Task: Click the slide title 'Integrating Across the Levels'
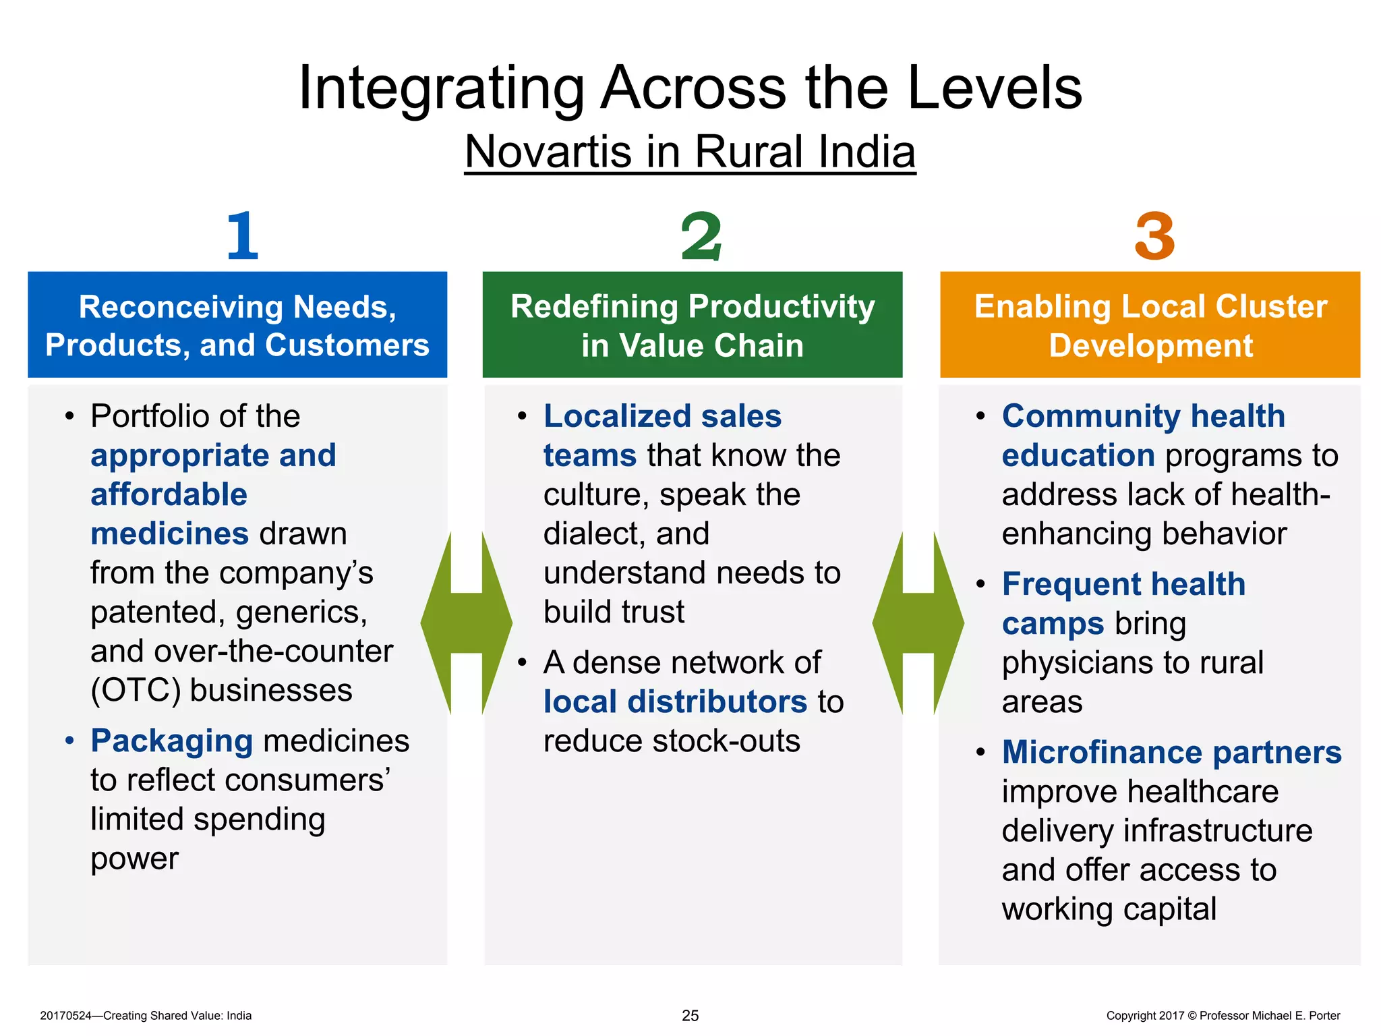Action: pos(690,88)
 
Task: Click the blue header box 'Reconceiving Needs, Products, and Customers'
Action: pos(237,325)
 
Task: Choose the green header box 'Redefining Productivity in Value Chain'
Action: pos(693,325)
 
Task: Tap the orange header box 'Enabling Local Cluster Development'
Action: pos(1150,325)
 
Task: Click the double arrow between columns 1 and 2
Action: pos(467,623)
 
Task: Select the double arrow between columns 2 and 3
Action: pos(918,623)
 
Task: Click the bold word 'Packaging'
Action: pos(172,741)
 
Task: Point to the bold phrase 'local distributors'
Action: pos(675,701)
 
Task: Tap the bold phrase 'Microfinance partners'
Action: pos(1172,752)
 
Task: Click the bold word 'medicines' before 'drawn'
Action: pos(170,534)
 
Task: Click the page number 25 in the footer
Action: pos(690,1015)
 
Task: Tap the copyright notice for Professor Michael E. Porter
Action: pos(1223,1016)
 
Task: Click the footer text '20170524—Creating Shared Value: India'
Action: pos(146,1016)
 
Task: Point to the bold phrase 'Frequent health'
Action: pos(1123,584)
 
